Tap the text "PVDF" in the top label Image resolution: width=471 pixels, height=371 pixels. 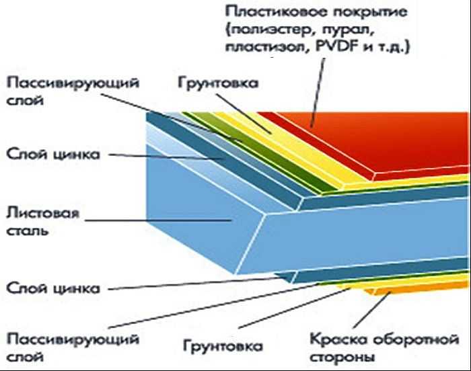click(337, 47)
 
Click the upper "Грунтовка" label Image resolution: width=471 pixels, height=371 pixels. click(218, 83)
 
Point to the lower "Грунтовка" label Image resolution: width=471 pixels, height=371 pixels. click(223, 345)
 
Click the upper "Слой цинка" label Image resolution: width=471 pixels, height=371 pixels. click(53, 155)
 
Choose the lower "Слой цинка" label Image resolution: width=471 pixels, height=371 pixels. click(53, 288)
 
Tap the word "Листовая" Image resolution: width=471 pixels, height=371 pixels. click(43, 214)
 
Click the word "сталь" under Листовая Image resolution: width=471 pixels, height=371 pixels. click(28, 231)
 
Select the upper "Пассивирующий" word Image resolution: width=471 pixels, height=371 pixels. click(73, 83)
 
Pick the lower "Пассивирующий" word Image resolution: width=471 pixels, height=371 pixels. click(73, 340)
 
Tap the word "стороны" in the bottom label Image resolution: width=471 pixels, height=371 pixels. click(342, 357)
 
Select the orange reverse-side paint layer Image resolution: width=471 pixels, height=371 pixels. click(421, 288)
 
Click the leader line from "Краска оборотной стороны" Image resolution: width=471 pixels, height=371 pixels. click(372, 310)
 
